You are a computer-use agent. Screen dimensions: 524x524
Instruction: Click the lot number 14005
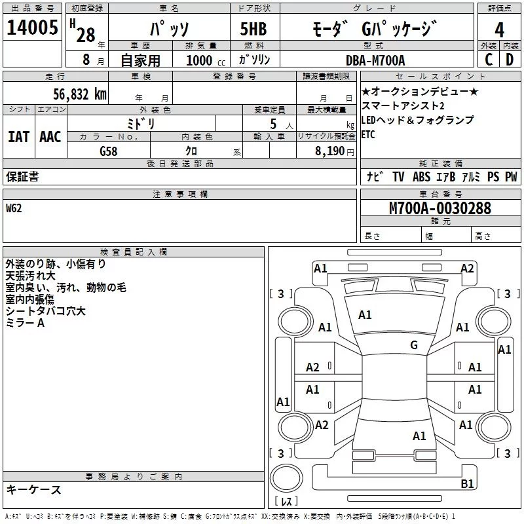[32, 27]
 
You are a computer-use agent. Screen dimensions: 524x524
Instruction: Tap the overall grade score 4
[499, 30]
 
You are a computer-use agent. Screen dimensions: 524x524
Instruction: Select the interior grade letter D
[510, 60]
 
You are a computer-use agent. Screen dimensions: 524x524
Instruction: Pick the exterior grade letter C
[489, 60]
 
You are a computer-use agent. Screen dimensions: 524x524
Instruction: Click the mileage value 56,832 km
[80, 94]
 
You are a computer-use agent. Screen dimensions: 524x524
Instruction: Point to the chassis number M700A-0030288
[440, 208]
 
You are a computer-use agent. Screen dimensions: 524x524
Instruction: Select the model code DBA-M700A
[375, 60]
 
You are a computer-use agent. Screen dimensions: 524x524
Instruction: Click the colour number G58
[109, 151]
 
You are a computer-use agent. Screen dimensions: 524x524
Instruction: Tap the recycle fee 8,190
[330, 151]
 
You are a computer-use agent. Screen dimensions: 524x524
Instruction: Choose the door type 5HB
[253, 29]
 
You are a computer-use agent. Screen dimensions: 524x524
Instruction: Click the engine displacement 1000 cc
[206, 60]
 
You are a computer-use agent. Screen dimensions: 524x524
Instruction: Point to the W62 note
[14, 208]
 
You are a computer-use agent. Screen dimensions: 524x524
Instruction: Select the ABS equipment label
[421, 176]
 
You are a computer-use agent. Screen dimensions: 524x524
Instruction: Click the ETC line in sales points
[368, 134]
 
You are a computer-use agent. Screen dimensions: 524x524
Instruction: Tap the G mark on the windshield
[414, 345]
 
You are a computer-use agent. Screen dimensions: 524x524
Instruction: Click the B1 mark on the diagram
[467, 483]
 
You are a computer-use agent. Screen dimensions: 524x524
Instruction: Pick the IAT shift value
[18, 137]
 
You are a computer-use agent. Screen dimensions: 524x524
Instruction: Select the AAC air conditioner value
[50, 137]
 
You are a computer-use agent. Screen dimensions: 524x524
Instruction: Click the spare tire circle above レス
[286, 477]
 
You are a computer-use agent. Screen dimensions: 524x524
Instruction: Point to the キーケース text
[34, 489]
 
